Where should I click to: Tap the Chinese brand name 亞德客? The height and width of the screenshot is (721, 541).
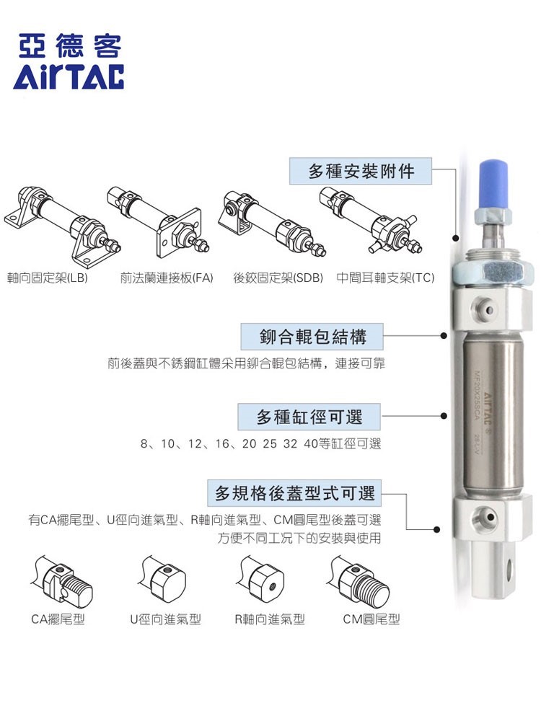[x=69, y=45]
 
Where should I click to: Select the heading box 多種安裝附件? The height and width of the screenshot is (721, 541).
[x=361, y=172]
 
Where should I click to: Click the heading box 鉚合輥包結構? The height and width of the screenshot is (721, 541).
[x=312, y=337]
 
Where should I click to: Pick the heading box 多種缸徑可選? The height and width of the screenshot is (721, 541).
[x=309, y=417]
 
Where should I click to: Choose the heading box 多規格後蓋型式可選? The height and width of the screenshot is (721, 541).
[x=294, y=494]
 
